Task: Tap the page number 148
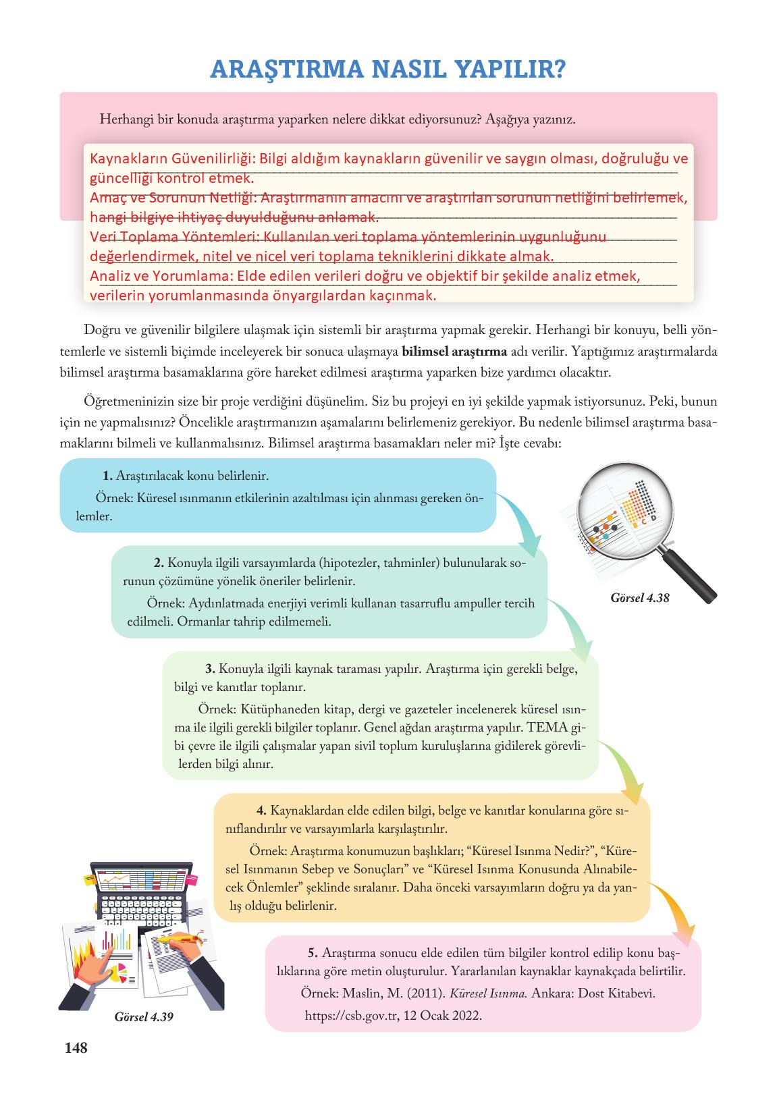[x=75, y=1048]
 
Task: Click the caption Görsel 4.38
[x=639, y=598]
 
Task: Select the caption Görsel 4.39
[x=144, y=1016]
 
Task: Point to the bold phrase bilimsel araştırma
[x=454, y=352]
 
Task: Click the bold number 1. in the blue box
[x=107, y=476]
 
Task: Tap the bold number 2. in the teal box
[x=159, y=563]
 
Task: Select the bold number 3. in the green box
[x=210, y=669]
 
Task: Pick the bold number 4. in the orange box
[x=262, y=810]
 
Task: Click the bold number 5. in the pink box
[x=313, y=953]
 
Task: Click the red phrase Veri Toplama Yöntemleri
[x=171, y=237]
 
